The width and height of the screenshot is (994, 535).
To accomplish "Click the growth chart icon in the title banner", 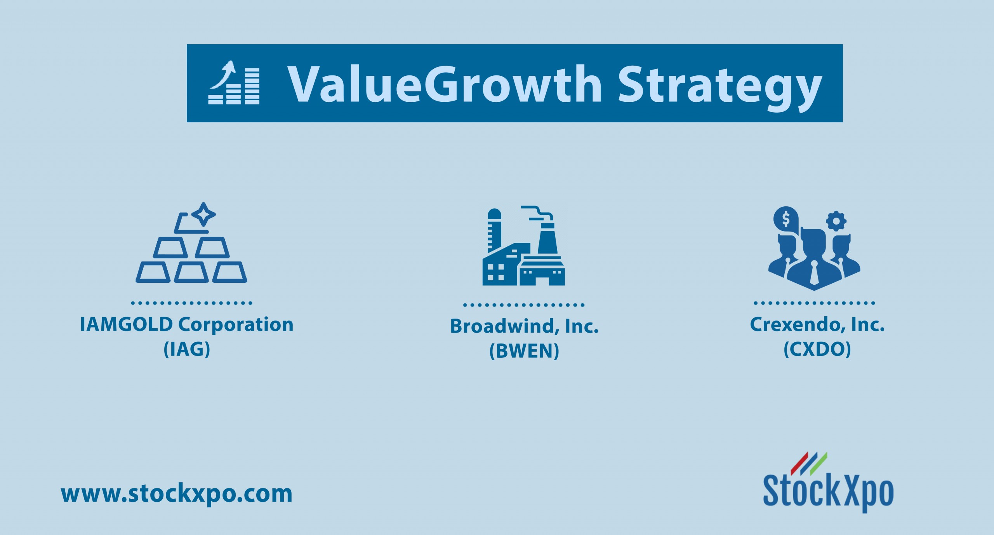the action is coord(234,82).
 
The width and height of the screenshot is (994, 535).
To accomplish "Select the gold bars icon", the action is coord(191,242).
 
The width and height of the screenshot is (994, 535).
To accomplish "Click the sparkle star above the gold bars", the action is coord(203,214).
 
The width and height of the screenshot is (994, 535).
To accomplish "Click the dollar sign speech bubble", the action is coord(786,219).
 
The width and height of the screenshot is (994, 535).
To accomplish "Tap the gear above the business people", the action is coord(836,221).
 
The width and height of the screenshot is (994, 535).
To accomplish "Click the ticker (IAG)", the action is coord(187,349).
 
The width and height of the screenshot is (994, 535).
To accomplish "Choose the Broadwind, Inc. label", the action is coord(524,326).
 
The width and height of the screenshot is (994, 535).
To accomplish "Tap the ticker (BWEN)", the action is coord(524,351).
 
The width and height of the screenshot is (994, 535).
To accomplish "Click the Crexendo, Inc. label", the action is coord(817,325).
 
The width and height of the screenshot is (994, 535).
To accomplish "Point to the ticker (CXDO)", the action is coord(817,349).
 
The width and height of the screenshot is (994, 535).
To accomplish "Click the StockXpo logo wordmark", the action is coord(828,492).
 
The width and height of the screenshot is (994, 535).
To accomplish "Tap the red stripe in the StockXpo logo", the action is coord(799,464).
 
